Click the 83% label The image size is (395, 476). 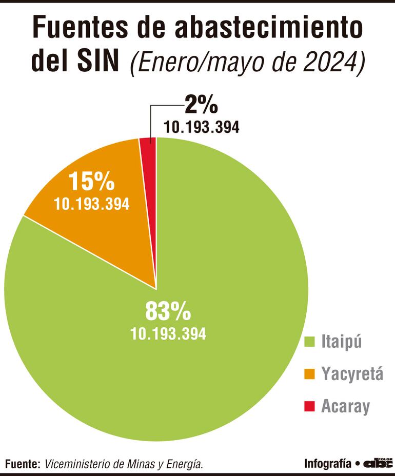click(168, 311)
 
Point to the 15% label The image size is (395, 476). click(91, 182)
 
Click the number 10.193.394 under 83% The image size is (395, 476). click(168, 334)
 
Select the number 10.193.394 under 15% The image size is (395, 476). click(91, 204)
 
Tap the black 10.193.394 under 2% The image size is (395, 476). click(202, 127)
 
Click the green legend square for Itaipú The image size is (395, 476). click(309, 341)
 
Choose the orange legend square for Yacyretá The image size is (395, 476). click(309, 374)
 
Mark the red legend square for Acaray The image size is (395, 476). click(309, 407)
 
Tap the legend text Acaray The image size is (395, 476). click(345, 407)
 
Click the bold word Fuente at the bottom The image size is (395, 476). click(22, 464)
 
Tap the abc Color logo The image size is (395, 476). click(378, 463)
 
